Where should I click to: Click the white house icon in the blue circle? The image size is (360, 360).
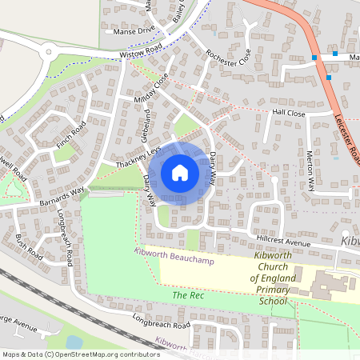tap(179, 172)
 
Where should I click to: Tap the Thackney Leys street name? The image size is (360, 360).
tap(138, 157)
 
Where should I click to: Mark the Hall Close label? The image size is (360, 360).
tap(289, 114)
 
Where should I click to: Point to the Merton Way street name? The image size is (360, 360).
tap(310, 170)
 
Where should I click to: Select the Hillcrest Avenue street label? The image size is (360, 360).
tap(282, 241)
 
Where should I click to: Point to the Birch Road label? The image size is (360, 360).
tap(28, 248)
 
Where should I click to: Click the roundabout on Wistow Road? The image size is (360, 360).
tap(49, 52)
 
